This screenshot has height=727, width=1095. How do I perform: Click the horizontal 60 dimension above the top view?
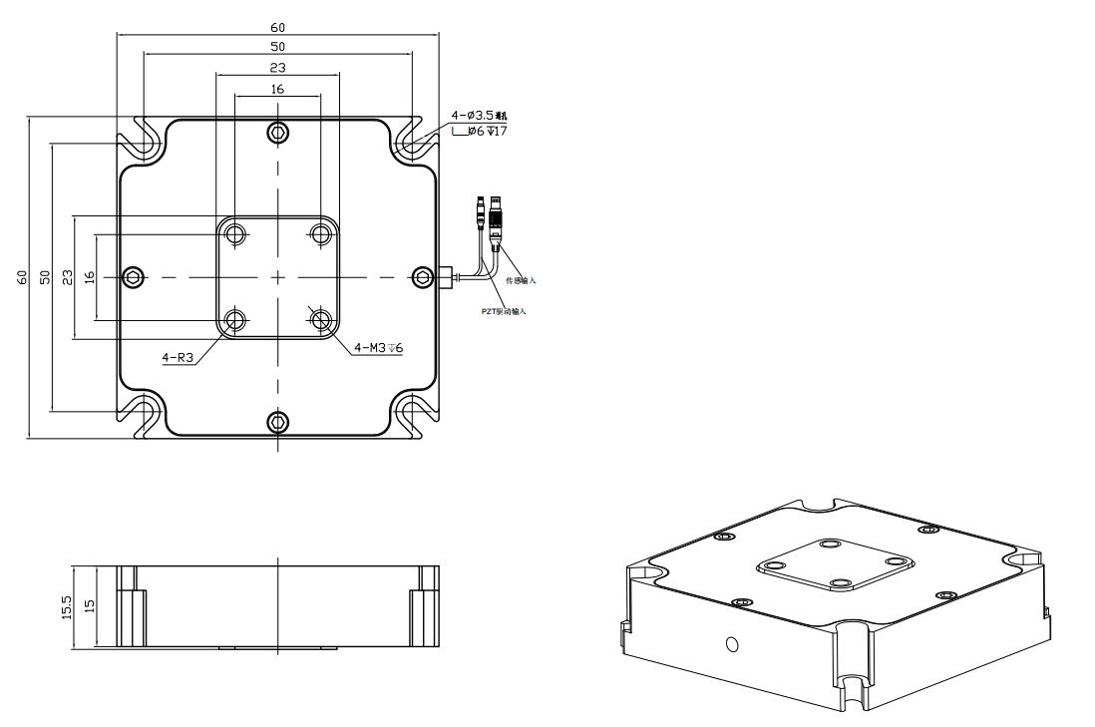click(277, 27)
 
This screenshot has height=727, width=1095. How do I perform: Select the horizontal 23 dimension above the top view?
click(277, 67)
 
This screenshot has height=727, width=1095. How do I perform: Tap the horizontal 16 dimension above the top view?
click(277, 89)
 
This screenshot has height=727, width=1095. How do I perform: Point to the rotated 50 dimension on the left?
click(45, 277)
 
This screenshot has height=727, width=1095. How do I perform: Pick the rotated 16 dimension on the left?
click(90, 277)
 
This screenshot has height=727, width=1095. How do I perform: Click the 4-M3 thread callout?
click(378, 348)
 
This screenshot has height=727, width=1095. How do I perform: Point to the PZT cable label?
click(504, 311)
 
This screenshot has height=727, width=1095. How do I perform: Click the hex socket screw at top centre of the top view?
click(277, 133)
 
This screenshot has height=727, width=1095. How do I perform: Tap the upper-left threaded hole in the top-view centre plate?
click(235, 234)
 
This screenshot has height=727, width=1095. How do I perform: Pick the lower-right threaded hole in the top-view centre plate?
click(320, 320)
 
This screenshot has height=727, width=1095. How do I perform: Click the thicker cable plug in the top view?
click(502, 217)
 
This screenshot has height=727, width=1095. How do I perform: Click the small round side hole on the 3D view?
click(733, 643)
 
